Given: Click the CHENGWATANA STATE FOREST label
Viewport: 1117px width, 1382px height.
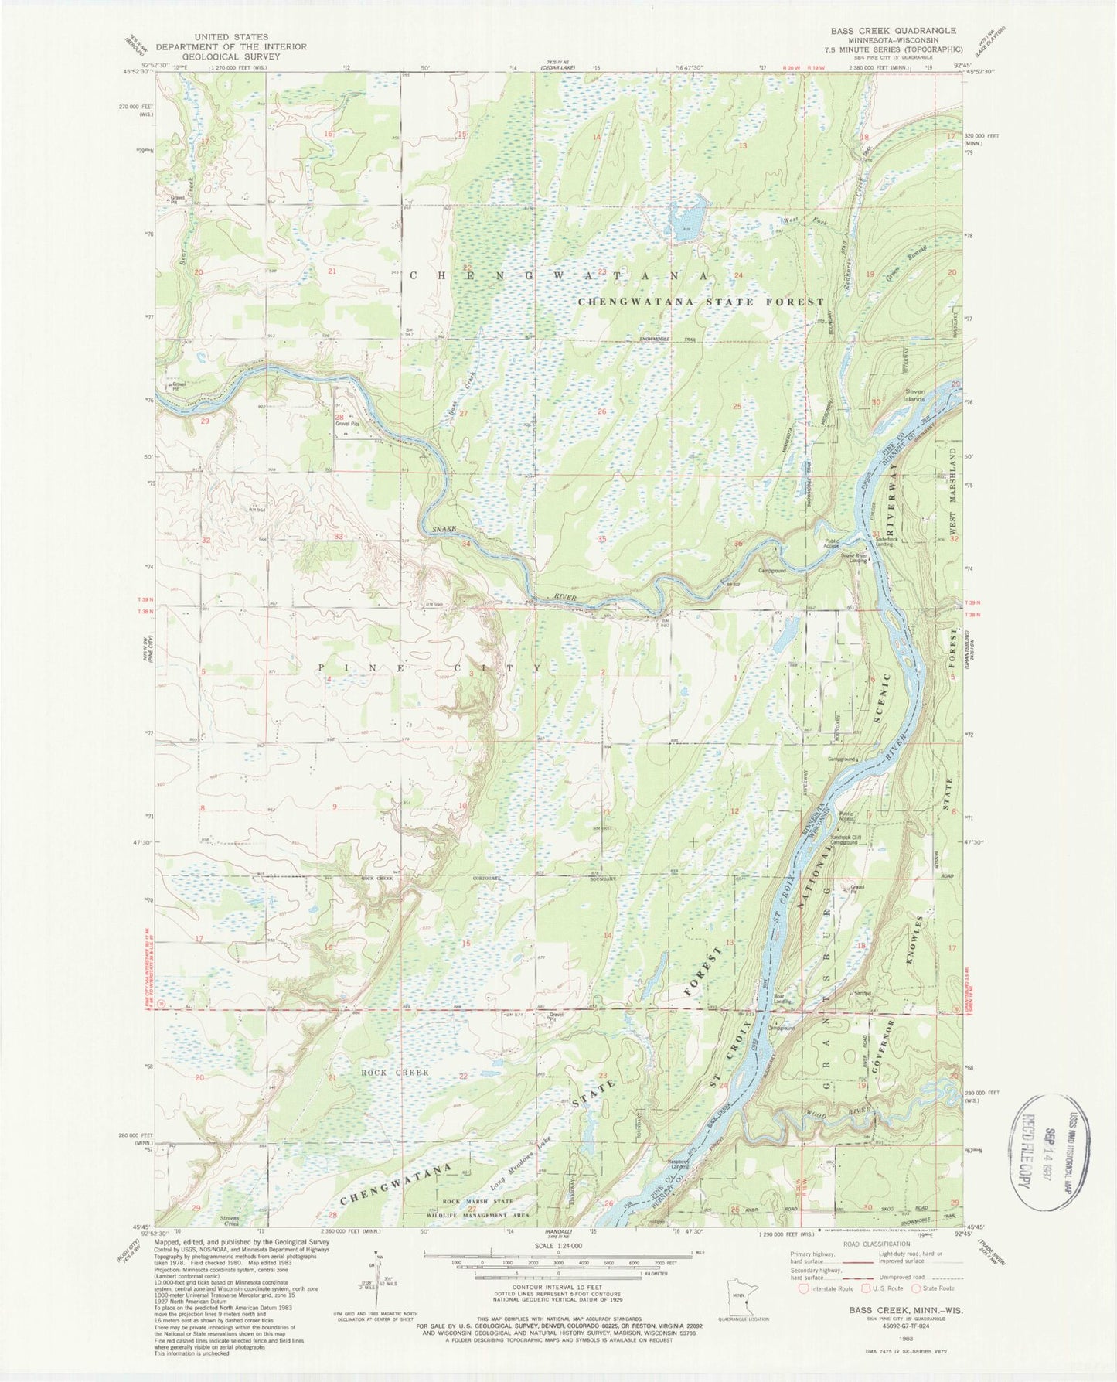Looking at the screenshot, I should click(701, 302).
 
